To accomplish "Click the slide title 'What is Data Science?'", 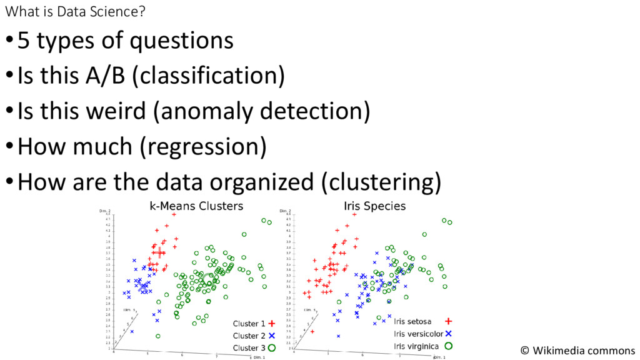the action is point(71,11).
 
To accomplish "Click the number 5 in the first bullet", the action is point(24,41).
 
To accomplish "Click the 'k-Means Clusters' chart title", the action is point(196,206).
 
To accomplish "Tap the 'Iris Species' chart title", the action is point(374,206).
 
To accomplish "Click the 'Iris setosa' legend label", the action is point(412,321).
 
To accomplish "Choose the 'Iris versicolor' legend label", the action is point(418,333).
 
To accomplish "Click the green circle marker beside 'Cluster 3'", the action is point(272,347).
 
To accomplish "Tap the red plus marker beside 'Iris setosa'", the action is point(448,321).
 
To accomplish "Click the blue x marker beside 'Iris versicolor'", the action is point(448,333).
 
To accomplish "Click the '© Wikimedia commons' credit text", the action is point(577,351).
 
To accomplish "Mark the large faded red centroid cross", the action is point(159,252).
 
